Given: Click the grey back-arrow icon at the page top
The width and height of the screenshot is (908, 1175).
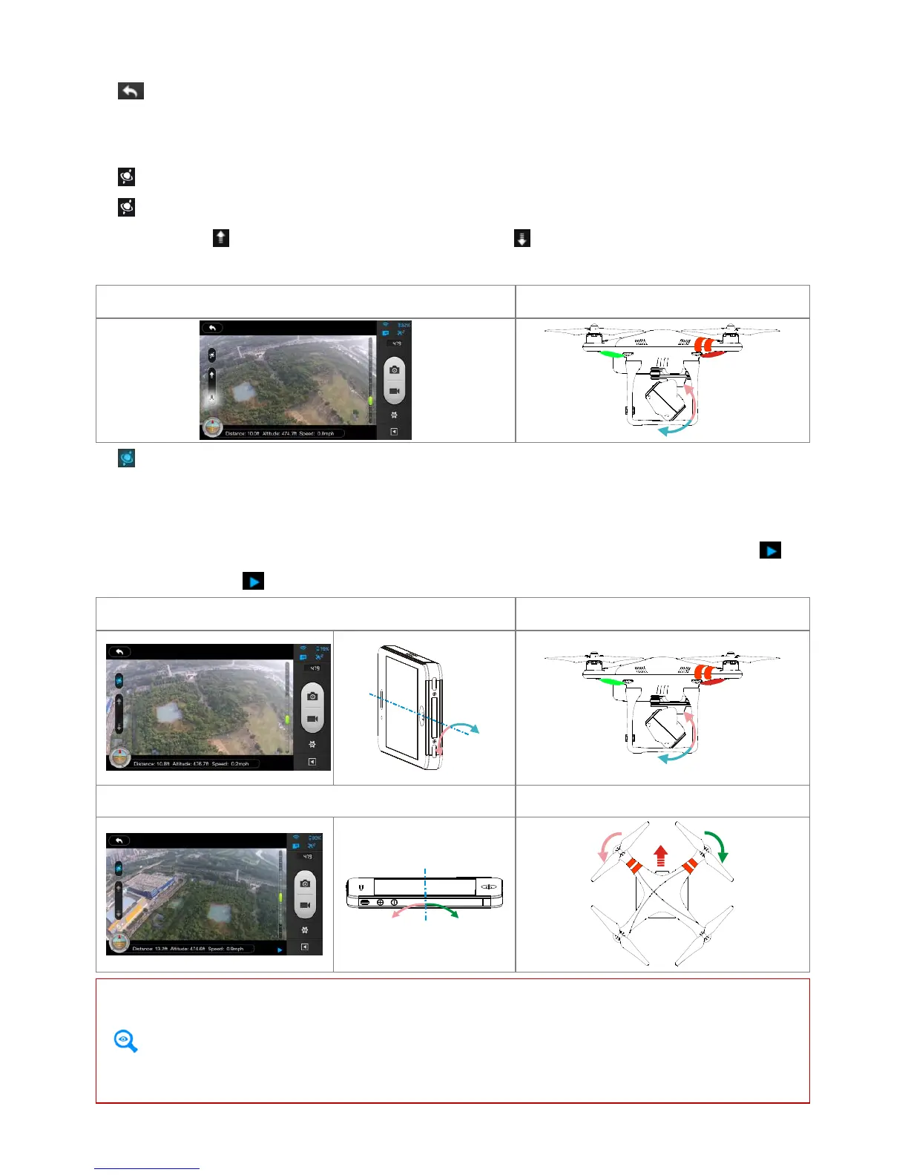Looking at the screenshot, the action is click(x=131, y=91).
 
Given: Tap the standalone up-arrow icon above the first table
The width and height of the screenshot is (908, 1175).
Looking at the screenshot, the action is click(x=220, y=237).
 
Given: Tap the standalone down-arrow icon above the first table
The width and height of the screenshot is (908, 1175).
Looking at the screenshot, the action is click(x=522, y=238).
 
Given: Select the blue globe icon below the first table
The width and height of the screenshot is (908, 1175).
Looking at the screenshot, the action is click(x=127, y=458).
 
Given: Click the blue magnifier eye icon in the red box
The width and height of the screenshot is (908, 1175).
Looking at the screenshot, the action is click(x=125, y=1041).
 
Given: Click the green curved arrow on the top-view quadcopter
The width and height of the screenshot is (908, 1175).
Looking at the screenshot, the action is click(x=717, y=845).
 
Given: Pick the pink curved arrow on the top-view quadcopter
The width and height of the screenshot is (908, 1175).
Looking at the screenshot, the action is click(x=608, y=846).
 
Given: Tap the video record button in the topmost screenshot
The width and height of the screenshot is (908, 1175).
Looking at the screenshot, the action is click(x=395, y=391).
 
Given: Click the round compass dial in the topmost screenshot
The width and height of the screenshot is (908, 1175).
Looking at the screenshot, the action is click(x=213, y=428).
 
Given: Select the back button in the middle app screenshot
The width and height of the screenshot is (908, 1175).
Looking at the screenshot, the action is click(x=119, y=651).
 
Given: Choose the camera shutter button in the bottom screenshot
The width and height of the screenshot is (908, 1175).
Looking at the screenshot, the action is click(x=305, y=883).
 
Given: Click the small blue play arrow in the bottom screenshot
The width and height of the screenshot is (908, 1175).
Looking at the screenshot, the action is click(x=280, y=949).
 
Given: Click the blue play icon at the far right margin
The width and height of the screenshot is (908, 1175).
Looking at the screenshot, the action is click(x=770, y=550).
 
